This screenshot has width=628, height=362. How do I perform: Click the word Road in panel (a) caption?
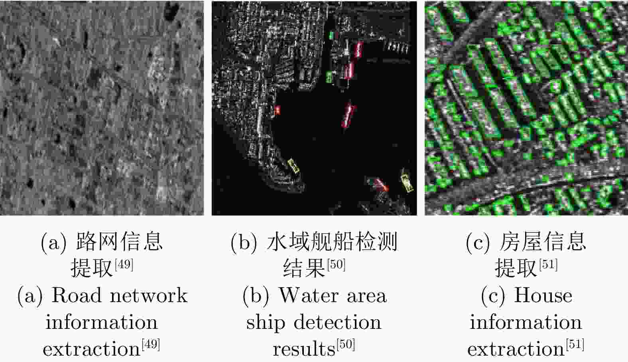[x=76, y=295]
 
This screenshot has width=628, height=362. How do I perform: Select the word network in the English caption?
[x=149, y=296]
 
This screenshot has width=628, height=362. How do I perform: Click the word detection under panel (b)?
[x=338, y=322]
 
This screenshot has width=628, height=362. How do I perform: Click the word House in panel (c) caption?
[x=543, y=295]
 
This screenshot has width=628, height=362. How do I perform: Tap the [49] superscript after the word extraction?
[x=151, y=344]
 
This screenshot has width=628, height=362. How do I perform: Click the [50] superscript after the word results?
[x=346, y=344]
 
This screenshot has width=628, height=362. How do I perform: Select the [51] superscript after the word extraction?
[x=575, y=344]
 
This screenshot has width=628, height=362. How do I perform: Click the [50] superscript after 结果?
[x=336, y=264]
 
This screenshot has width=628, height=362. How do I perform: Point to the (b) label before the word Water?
[x=256, y=296]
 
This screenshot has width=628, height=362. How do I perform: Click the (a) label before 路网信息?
[x=54, y=242]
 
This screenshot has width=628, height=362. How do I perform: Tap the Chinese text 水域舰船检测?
[x=332, y=242]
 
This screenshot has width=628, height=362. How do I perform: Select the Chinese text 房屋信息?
[x=543, y=242]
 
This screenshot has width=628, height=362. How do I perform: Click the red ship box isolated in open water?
[x=348, y=115]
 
